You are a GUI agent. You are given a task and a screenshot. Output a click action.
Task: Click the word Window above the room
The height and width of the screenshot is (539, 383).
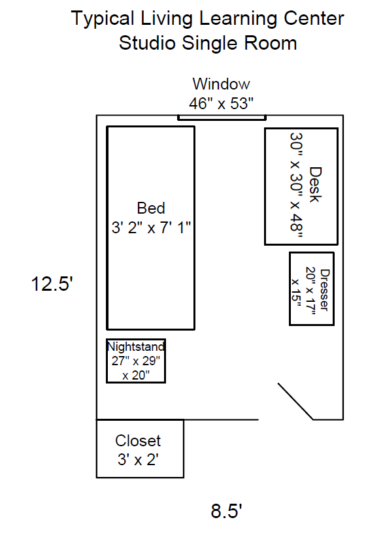221,84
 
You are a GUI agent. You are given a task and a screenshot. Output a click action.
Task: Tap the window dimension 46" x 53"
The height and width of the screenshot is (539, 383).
221,103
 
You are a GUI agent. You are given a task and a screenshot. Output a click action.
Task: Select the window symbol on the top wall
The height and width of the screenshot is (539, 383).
222,118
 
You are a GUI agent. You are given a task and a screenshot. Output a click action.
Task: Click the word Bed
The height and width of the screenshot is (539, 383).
151,208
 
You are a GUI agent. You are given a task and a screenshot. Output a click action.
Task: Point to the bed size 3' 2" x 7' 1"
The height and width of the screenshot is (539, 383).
151,227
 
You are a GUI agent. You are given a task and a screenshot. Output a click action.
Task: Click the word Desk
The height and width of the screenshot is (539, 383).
315,185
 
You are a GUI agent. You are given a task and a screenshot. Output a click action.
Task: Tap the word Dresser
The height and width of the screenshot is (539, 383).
325,290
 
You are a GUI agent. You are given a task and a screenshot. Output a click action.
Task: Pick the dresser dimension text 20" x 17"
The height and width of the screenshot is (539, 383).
310,291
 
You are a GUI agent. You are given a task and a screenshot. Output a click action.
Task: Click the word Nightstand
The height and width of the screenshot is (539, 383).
136,346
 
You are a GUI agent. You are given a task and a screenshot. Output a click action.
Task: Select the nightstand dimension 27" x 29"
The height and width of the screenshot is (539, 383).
136,361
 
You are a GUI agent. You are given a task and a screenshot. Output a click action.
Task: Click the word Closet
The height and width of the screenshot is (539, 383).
138,441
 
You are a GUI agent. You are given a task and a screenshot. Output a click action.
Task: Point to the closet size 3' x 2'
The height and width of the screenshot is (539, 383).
138,459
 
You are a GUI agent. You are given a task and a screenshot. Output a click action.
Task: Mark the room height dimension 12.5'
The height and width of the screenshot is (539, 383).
52,284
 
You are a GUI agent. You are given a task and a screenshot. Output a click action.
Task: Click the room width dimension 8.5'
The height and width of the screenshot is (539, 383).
227,511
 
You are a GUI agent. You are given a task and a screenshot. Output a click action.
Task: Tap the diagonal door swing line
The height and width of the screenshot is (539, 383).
295,401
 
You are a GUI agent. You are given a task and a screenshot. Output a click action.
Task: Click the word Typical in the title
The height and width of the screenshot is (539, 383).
103,19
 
